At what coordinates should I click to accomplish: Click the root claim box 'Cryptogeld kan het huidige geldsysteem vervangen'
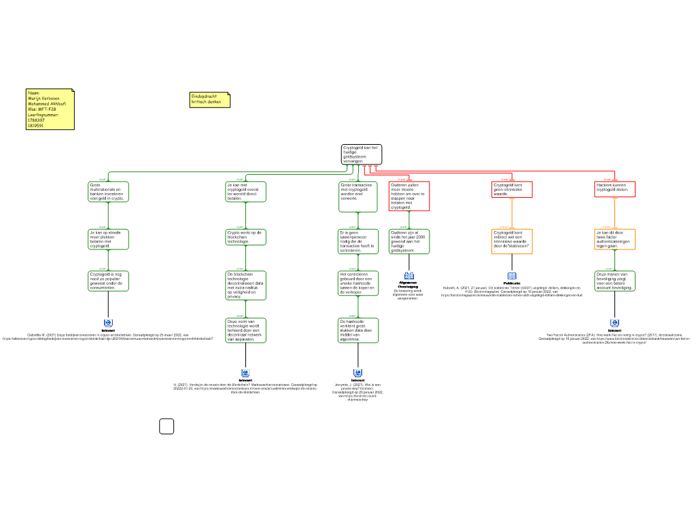361,154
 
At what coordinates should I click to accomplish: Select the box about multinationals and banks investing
108,192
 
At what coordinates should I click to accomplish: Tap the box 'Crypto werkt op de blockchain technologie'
245,237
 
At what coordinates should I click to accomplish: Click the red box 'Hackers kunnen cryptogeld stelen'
614,189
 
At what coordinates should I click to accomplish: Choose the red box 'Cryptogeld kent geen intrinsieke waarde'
512,189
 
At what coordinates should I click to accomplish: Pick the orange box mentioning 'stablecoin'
512,241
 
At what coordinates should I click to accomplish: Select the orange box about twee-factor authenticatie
614,239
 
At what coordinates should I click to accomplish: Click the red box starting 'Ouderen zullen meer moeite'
409,196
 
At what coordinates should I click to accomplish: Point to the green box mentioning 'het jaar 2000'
409,241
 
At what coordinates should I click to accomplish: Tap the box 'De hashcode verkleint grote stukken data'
358,330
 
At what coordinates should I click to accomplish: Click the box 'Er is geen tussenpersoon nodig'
358,241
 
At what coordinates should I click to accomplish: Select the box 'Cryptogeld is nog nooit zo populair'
108,281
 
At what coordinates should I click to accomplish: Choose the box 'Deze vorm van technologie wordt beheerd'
245,330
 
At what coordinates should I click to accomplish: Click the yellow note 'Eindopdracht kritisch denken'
209,100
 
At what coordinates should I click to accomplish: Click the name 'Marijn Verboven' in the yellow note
43,98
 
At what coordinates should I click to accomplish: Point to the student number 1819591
35,126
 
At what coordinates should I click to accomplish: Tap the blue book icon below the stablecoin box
512,276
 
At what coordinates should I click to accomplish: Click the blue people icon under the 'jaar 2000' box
409,275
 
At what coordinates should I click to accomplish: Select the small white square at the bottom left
167,426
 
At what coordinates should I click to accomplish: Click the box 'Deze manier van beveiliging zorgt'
614,281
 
